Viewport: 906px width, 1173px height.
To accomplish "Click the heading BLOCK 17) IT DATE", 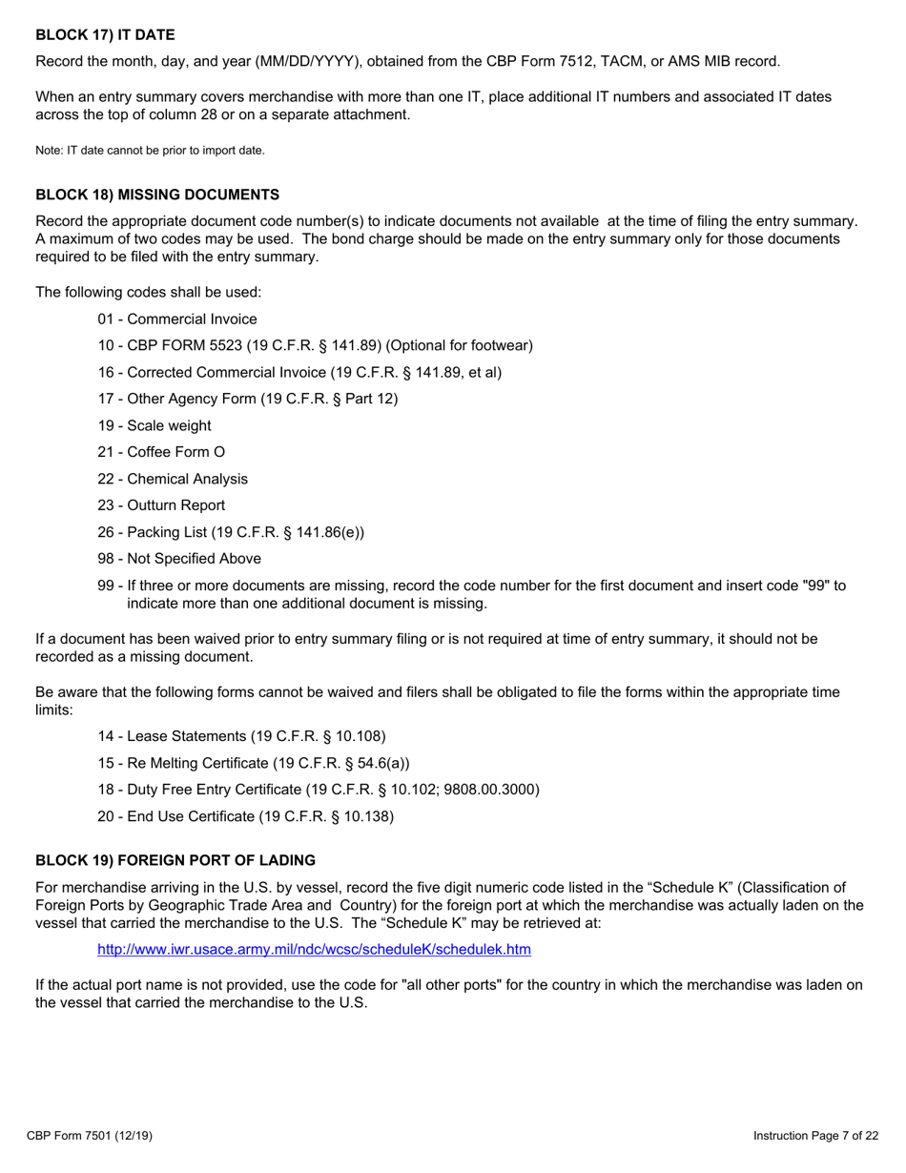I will click(x=105, y=35).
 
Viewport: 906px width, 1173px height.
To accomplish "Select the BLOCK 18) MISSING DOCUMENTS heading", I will click(x=157, y=195).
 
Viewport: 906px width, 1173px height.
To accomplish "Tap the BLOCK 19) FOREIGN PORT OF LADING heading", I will click(x=175, y=860).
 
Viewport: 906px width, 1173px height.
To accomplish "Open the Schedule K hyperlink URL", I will click(x=314, y=949).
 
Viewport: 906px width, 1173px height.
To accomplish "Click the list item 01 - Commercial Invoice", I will click(x=177, y=319).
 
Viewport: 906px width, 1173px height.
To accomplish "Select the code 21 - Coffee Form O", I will click(x=161, y=452).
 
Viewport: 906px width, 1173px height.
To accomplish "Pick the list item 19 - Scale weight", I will click(x=154, y=425).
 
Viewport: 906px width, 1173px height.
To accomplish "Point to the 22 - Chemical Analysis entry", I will click(x=173, y=479).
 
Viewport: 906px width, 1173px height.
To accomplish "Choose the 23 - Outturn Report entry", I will click(x=161, y=505).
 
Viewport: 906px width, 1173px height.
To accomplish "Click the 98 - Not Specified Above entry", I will click(x=179, y=559).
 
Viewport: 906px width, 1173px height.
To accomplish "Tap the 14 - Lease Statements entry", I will click(x=241, y=736).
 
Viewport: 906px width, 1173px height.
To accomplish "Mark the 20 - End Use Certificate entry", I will click(x=246, y=816).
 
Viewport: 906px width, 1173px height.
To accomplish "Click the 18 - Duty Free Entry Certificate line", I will click(x=319, y=790).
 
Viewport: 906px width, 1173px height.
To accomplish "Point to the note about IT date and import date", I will click(x=150, y=151).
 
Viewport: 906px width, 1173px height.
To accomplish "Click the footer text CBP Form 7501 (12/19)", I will click(x=90, y=1136).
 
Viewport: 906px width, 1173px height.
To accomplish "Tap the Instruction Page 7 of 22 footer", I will click(x=815, y=1136).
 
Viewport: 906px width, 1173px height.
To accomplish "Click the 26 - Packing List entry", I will click(x=231, y=532).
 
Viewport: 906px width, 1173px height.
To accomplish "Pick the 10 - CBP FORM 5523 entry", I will click(x=315, y=345).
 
